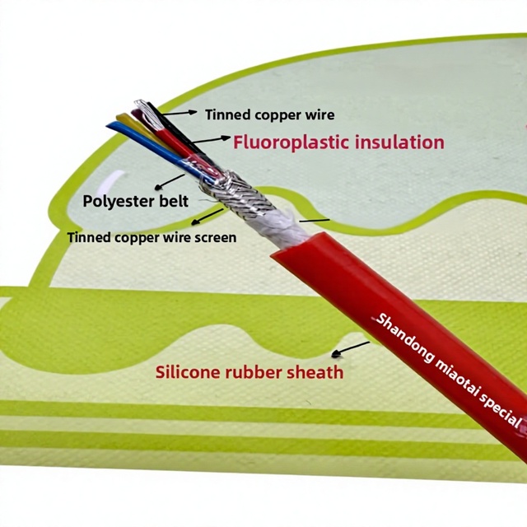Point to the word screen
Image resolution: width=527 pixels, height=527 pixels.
point(217,238)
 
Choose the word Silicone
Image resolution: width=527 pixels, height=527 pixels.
point(187,372)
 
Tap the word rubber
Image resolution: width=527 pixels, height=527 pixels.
point(251,372)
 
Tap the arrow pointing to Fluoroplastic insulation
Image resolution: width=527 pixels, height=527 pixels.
point(209,140)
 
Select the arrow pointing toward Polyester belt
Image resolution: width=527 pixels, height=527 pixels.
point(170,181)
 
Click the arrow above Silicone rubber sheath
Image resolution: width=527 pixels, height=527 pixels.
point(350,348)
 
